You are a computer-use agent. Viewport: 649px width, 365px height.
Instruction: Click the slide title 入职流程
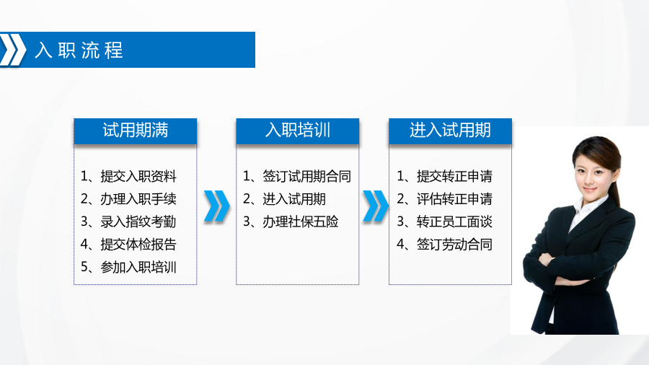pos(79,50)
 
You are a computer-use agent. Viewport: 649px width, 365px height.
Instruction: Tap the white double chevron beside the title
pos(12,50)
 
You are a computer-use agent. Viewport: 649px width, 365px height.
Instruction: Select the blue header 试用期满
pos(136,131)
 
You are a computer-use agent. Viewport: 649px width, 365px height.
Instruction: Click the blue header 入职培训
pos(298,131)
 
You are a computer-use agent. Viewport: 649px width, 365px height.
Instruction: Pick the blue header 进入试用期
pos(450,131)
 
